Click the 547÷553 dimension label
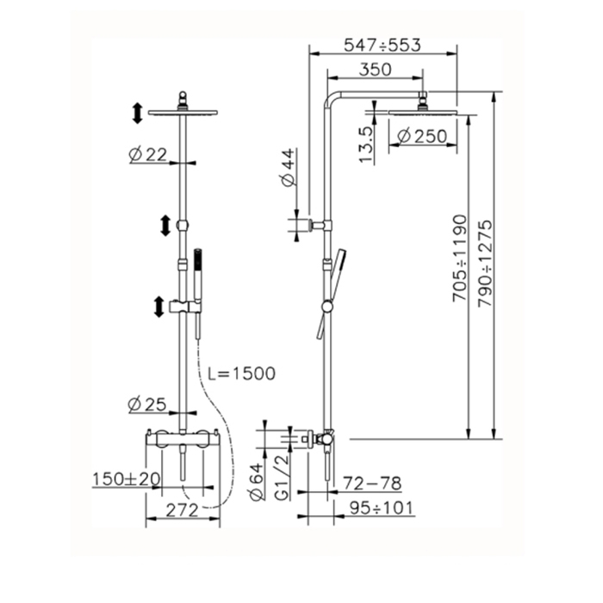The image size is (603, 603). coord(382,46)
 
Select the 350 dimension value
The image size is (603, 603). coord(375,70)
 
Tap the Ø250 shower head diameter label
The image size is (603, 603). coord(422,136)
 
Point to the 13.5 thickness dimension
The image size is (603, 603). coord(366,145)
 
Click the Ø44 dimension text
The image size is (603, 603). coord(289,167)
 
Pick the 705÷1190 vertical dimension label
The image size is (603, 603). coord(460,258)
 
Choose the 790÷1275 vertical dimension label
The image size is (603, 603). coord(484,263)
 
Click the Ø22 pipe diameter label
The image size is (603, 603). coord(147,154)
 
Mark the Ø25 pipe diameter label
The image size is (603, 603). coord(147,404)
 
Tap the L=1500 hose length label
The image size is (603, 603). coord(242,373)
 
